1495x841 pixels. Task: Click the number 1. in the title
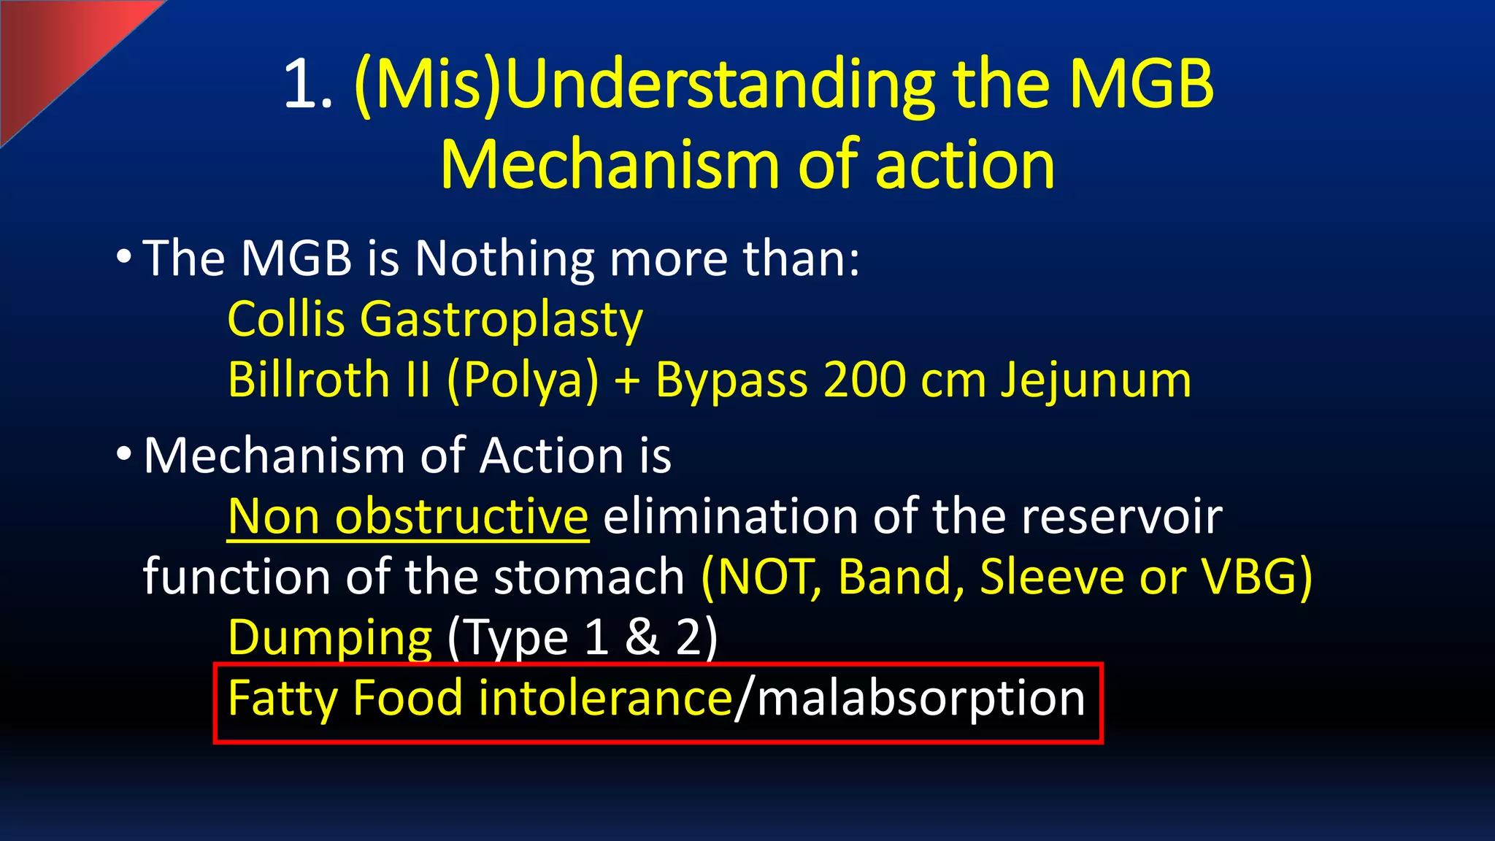click(x=308, y=85)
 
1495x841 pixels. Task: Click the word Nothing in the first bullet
click(x=504, y=258)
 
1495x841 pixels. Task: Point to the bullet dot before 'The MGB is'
click(x=124, y=257)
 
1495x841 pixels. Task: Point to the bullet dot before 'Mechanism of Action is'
click(x=124, y=454)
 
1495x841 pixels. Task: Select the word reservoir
click(x=1121, y=516)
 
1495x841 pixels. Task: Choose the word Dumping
click(x=330, y=638)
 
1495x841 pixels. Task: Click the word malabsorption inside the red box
click(x=921, y=699)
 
